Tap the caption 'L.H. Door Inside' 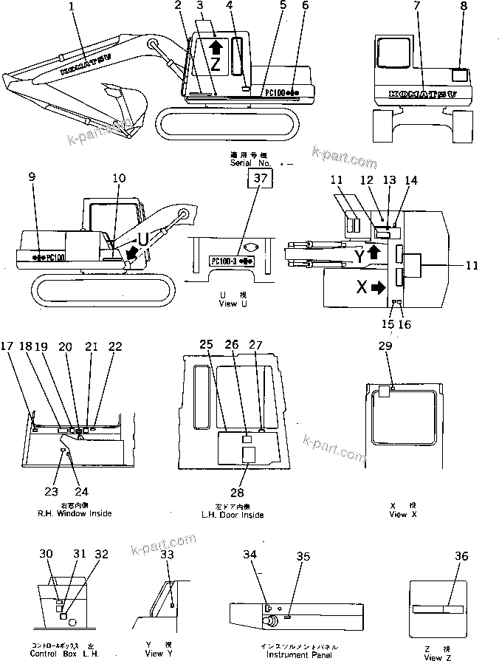click(x=233, y=515)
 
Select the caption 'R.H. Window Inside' click(x=75, y=513)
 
